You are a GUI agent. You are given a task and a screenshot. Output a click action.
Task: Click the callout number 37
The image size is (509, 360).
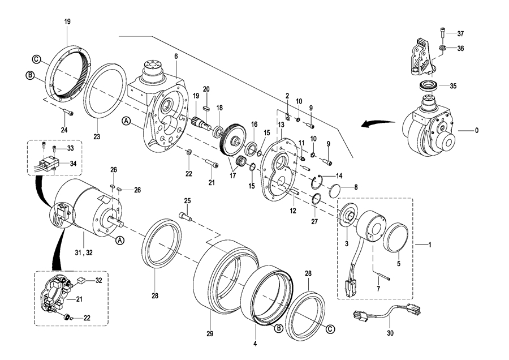[460, 33]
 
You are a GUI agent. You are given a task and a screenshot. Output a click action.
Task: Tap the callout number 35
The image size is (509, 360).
[453, 86]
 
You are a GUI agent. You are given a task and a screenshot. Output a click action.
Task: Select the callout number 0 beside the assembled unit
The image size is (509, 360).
[476, 131]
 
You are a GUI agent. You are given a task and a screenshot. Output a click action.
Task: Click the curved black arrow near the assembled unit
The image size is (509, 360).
[379, 123]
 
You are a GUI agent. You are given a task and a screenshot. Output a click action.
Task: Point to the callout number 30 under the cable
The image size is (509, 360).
[390, 333]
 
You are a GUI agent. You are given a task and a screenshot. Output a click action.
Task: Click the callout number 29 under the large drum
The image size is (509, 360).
[210, 334]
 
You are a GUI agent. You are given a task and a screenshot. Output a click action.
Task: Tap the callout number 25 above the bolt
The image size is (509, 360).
[187, 201]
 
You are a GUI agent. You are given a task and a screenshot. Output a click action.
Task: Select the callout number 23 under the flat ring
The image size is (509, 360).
[97, 137]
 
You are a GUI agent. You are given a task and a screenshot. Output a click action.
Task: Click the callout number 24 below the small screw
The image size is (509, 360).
[64, 130]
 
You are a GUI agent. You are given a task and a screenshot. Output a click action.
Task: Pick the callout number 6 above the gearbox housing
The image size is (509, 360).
[176, 56]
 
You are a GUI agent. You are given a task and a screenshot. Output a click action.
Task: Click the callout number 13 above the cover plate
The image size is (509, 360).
[281, 125]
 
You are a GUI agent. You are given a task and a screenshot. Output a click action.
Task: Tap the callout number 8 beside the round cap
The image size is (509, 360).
[356, 187]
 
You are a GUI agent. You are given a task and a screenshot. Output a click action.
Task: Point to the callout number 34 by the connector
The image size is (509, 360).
[74, 164]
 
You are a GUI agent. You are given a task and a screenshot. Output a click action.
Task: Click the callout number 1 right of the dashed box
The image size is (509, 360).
[430, 245]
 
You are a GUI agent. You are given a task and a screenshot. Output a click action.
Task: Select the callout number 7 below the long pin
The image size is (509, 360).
[378, 288]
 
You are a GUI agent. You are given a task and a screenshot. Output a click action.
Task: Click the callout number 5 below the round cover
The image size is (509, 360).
[399, 264]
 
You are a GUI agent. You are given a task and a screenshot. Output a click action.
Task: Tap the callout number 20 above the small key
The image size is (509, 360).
[206, 89]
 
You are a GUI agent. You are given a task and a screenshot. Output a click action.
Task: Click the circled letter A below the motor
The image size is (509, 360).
[120, 240]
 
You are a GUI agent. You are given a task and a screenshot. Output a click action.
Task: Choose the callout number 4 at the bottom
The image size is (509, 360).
[255, 344]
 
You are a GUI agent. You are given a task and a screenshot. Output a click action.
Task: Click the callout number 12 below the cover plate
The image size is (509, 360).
[293, 211]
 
